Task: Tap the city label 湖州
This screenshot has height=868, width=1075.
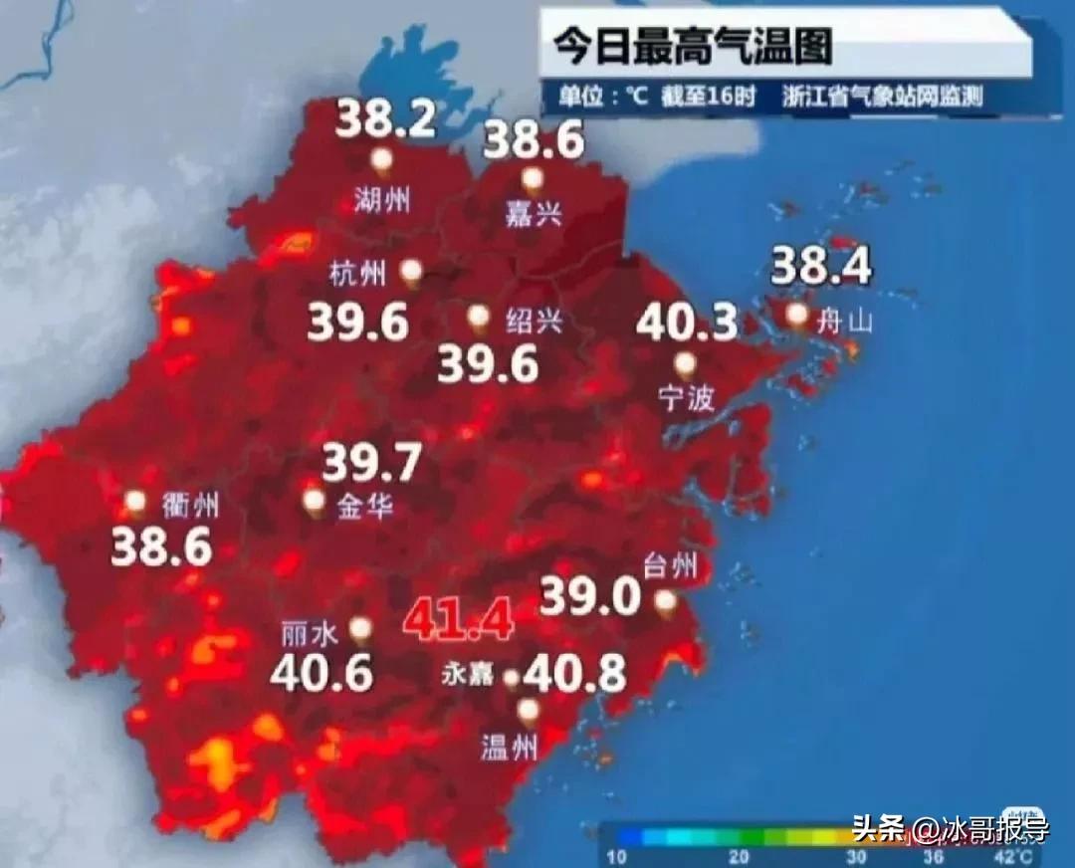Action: [382, 200]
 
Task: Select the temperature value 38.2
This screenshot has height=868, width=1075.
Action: [385, 120]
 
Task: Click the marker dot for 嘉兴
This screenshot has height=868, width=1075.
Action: [534, 179]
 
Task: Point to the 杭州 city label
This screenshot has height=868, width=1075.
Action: [355, 272]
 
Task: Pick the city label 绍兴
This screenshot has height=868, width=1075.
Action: [535, 321]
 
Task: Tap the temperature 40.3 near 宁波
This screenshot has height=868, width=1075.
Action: [687, 323]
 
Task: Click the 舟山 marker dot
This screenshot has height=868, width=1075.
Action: [796, 315]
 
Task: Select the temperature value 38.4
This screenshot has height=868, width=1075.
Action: [821, 266]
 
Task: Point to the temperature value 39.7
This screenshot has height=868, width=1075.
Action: [372, 463]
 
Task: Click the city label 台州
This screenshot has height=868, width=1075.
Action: [670, 568]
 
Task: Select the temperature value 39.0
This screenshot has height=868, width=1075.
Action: [590, 597]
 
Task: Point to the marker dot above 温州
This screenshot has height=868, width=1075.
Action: [528, 710]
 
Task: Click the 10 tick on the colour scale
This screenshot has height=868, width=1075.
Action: [617, 857]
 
